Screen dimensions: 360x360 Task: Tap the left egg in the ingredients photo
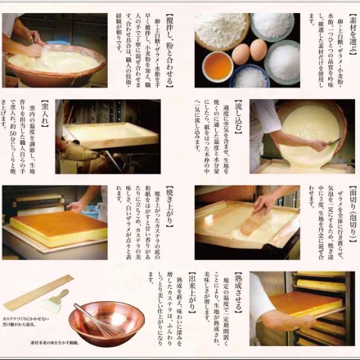click(241, 55)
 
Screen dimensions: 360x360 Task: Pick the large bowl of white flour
click(221, 29)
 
